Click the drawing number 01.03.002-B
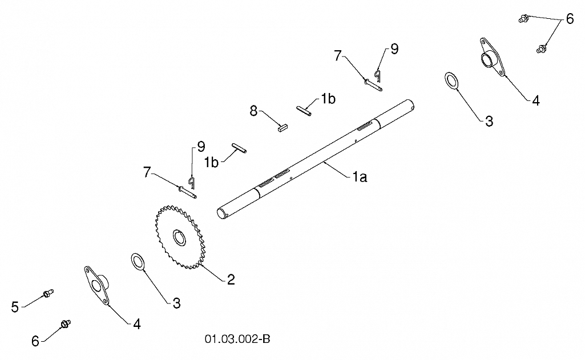237,339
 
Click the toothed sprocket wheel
180,237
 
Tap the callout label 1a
360,177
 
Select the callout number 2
231,280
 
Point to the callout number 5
15,308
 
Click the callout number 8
254,111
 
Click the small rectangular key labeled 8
283,127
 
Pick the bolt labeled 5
48,293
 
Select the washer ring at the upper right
452,80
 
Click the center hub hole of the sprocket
179,238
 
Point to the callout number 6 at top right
570,19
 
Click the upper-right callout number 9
394,49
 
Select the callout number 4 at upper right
536,100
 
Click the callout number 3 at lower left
177,304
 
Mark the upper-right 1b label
328,99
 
